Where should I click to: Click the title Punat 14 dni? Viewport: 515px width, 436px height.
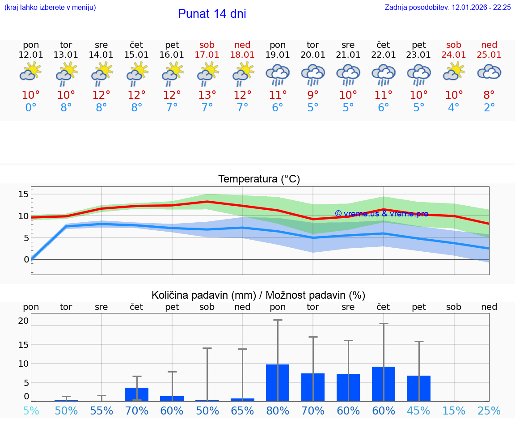212,14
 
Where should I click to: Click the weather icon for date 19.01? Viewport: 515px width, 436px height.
278,74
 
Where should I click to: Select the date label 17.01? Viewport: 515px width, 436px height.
207,55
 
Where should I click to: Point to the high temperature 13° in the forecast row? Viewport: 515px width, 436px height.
207,95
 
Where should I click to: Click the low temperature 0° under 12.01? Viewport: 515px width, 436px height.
31,108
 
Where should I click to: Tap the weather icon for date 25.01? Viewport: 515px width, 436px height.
489,72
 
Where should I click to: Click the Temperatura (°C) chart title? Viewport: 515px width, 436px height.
259,179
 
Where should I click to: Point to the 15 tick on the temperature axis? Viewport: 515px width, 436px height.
23,194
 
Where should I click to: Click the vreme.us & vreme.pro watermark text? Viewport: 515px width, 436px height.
381,214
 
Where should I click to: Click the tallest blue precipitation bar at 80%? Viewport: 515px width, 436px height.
278,383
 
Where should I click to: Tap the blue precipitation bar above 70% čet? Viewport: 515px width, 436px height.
136,394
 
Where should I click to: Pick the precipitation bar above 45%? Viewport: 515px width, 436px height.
419,388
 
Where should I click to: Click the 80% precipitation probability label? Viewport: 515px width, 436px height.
278,411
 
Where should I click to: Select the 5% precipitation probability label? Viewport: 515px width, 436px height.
31,411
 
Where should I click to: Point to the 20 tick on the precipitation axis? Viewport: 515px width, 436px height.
23,321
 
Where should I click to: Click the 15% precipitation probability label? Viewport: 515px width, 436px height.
454,411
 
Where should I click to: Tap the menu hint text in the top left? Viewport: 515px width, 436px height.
50,7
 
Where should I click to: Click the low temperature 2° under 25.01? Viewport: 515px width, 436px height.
489,108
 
